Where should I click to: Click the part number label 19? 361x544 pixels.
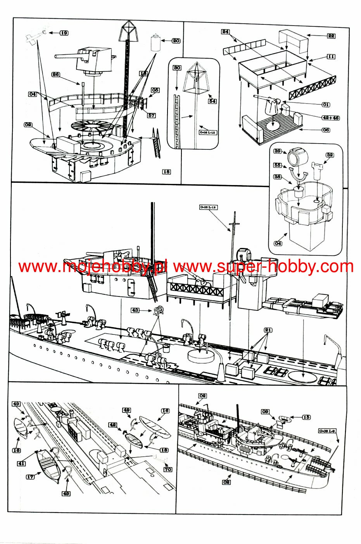coord(64,33)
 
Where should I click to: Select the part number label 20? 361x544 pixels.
coord(176,41)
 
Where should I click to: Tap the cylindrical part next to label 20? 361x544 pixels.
coord(155,43)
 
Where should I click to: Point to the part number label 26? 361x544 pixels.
coord(56,74)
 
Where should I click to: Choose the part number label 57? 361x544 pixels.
coord(152,115)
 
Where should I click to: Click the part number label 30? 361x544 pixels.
coord(177,68)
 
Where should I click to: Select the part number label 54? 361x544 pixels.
coord(212,101)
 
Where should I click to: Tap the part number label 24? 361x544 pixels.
coord(226,32)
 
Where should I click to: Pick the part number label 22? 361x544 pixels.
coord(331,36)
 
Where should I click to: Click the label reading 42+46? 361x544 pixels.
coord(330,118)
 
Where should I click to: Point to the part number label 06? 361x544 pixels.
coord(326,130)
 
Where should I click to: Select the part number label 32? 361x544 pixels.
coord(330,155)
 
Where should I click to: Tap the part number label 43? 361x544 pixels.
coord(135,310)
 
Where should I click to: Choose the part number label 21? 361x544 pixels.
coord(268,330)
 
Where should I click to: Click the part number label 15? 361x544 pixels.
coord(306,417)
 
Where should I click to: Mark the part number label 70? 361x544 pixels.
coord(168,470)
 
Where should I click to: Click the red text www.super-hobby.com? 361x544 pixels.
coord(263,267)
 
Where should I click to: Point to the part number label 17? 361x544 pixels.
coord(30,476)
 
